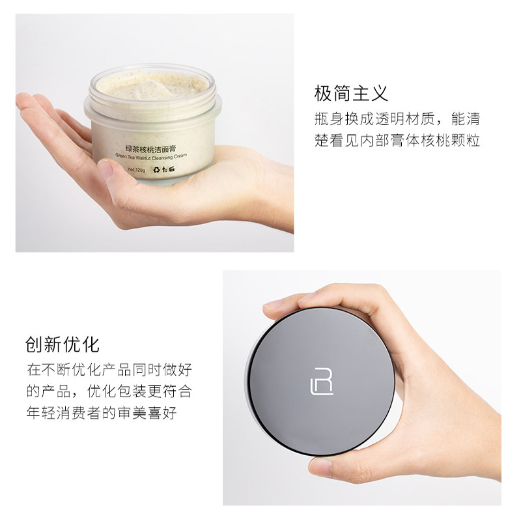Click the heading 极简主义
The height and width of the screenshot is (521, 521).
(x=351, y=93)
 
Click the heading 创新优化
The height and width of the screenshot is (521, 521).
(x=63, y=344)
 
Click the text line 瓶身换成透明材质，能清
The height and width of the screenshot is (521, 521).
(x=397, y=119)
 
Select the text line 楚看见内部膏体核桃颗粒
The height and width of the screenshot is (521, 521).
(x=397, y=141)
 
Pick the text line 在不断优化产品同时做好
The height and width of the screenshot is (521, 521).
(x=109, y=370)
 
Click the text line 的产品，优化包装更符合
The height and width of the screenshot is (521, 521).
(x=109, y=392)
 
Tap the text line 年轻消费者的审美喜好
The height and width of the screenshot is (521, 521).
(x=101, y=414)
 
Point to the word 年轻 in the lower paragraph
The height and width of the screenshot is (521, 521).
(x=43, y=414)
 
